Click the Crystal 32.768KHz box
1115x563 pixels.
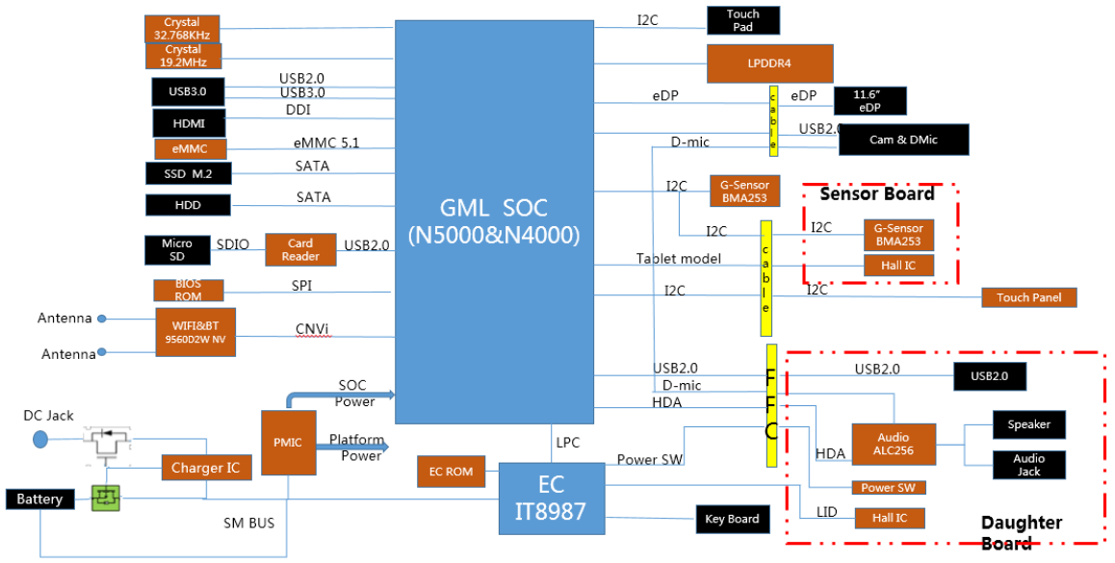pyautogui.click(x=182, y=29)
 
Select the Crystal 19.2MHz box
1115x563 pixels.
pyautogui.click(x=184, y=56)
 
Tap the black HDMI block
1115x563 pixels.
pyautogui.click(x=189, y=123)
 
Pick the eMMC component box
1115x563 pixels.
pyautogui.click(x=191, y=149)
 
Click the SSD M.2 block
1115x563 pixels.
pyautogui.click(x=189, y=173)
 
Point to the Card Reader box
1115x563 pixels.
pyautogui.click(x=300, y=249)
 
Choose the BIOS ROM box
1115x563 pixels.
pyautogui.click(x=189, y=290)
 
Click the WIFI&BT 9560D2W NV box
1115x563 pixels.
pyautogui.click(x=195, y=332)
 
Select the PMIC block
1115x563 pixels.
pyautogui.click(x=288, y=442)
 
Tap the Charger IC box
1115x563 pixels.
pyautogui.click(x=206, y=468)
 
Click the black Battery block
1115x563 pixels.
pyautogui.click(x=39, y=499)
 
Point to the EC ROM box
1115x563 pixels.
pyautogui.click(x=451, y=472)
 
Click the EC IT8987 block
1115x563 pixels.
pyautogui.click(x=552, y=499)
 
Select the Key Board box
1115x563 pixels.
pyautogui.click(x=733, y=519)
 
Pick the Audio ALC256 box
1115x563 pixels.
pyautogui.click(x=894, y=445)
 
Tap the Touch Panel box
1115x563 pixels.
pyautogui.click(x=1029, y=297)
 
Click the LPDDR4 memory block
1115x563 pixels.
pyautogui.click(x=769, y=64)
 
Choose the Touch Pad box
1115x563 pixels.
pyautogui.click(x=743, y=20)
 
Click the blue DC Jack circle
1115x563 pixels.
pyautogui.click(x=40, y=439)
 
